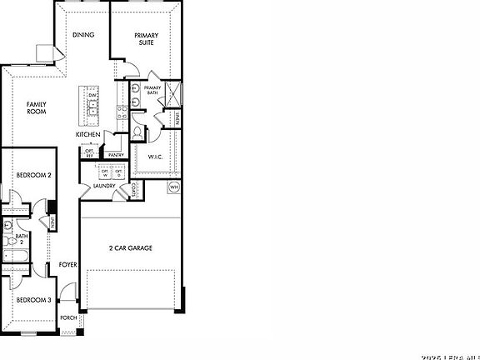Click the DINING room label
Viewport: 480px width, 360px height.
(x=82, y=35)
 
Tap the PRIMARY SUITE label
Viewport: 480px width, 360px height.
(x=147, y=39)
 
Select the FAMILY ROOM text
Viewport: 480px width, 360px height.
(x=35, y=107)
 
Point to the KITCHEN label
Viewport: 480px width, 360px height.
(x=88, y=134)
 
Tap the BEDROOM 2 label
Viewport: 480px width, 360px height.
(x=34, y=176)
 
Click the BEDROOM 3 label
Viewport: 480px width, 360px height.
(x=34, y=300)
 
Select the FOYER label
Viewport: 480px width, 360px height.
(x=67, y=265)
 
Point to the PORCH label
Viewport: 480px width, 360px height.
(x=68, y=317)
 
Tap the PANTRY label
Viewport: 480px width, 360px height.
(x=116, y=154)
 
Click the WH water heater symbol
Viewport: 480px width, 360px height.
(x=174, y=187)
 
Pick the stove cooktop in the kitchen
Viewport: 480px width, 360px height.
(x=121, y=107)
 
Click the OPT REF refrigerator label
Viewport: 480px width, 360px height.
(x=89, y=153)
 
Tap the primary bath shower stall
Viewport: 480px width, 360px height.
(x=174, y=94)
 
